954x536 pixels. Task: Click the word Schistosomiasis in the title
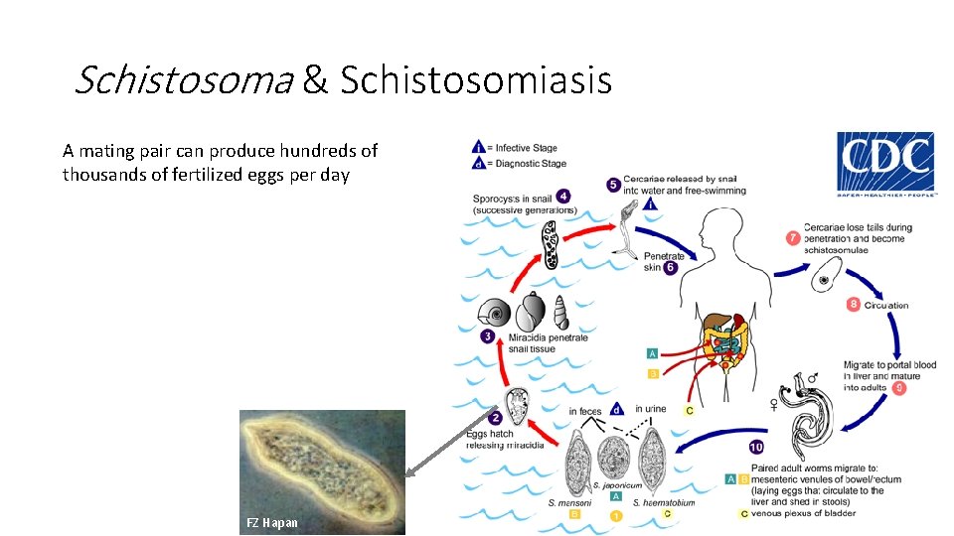[476, 80]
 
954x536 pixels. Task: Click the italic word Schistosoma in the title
[184, 80]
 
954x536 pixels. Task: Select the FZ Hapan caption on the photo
[271, 522]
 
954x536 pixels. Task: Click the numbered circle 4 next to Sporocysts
[564, 197]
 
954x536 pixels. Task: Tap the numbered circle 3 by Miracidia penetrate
[488, 336]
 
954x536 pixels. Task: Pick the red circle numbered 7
[793, 239]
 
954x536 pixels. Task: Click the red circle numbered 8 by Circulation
[854, 304]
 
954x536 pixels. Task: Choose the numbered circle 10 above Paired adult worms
[756, 447]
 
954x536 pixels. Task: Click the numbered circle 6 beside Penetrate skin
[670, 267]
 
